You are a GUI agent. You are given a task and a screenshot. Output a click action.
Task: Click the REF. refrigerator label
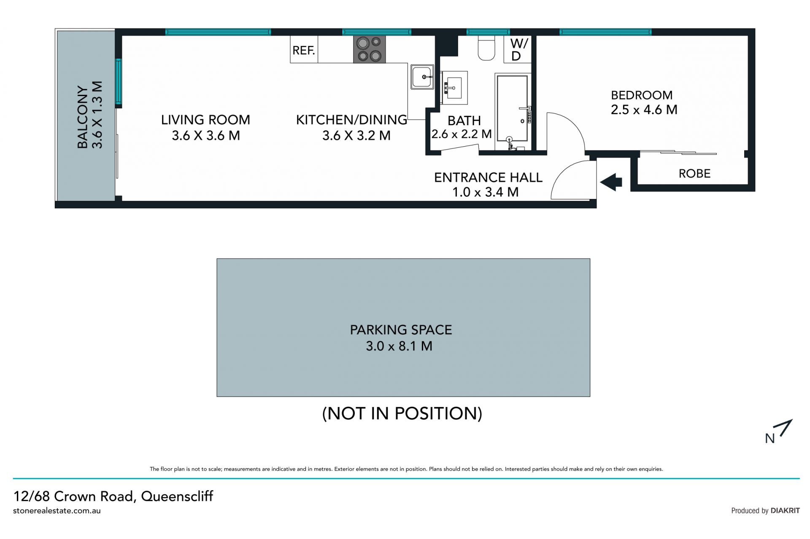304,51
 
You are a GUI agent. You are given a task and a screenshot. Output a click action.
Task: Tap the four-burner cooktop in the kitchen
370,50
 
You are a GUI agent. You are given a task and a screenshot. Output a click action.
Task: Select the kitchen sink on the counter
422,77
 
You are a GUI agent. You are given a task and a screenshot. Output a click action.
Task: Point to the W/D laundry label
518,50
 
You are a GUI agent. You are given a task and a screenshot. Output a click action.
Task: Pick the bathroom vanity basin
454,88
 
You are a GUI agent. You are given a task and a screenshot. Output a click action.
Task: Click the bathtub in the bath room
513,108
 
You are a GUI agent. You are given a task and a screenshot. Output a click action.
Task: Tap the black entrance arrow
611,182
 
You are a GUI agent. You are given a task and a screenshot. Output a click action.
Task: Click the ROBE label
694,174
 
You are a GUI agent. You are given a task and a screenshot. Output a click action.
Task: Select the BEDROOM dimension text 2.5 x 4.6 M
644,110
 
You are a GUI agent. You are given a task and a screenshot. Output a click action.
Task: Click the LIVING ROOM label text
205,120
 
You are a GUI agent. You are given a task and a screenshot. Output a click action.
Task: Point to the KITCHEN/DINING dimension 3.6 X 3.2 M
356,136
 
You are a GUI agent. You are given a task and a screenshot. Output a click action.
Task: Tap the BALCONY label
83,117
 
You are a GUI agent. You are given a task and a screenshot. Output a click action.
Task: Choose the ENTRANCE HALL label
488,177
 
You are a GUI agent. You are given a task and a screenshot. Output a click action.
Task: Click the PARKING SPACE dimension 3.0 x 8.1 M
399,346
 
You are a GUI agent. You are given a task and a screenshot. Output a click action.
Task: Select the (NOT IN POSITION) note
402,413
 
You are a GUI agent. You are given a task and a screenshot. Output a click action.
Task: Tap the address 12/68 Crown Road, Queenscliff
113,496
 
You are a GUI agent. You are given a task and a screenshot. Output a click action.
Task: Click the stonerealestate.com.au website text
57,511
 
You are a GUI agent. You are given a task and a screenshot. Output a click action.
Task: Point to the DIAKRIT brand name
785,511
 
